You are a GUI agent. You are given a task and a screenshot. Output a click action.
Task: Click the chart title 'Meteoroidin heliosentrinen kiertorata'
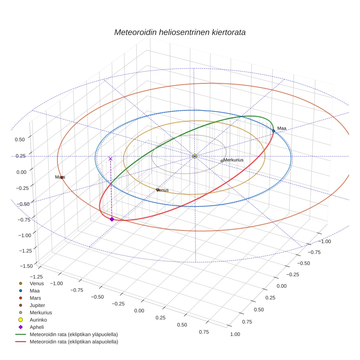(180, 32)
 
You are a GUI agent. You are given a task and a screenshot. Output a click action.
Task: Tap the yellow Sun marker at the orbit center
(195, 156)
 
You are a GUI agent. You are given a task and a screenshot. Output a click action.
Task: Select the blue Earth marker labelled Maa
(273, 131)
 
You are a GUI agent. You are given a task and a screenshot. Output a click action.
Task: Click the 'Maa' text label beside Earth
(281, 128)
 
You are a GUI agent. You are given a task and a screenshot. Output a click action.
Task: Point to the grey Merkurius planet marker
(222, 161)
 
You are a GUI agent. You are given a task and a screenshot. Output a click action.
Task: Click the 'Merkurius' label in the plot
(233, 160)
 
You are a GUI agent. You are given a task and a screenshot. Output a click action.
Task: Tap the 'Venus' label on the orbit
(162, 190)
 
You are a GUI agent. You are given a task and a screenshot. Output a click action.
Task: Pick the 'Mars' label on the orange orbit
(60, 177)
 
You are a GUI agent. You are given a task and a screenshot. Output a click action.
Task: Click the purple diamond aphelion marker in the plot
(112, 219)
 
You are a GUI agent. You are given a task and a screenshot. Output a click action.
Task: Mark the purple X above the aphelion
(110, 159)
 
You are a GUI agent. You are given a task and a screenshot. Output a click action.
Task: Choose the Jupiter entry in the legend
(37, 305)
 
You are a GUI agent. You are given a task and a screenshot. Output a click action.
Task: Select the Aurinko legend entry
(38, 320)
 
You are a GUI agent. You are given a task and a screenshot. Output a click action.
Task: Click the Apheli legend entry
(36, 327)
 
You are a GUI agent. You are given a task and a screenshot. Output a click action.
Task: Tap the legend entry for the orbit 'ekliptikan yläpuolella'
(74, 334)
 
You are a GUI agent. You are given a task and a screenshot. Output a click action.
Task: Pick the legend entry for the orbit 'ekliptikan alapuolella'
(74, 342)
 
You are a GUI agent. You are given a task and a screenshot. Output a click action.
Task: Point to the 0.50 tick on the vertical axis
(20, 139)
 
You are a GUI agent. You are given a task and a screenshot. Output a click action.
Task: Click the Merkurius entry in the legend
(41, 312)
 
